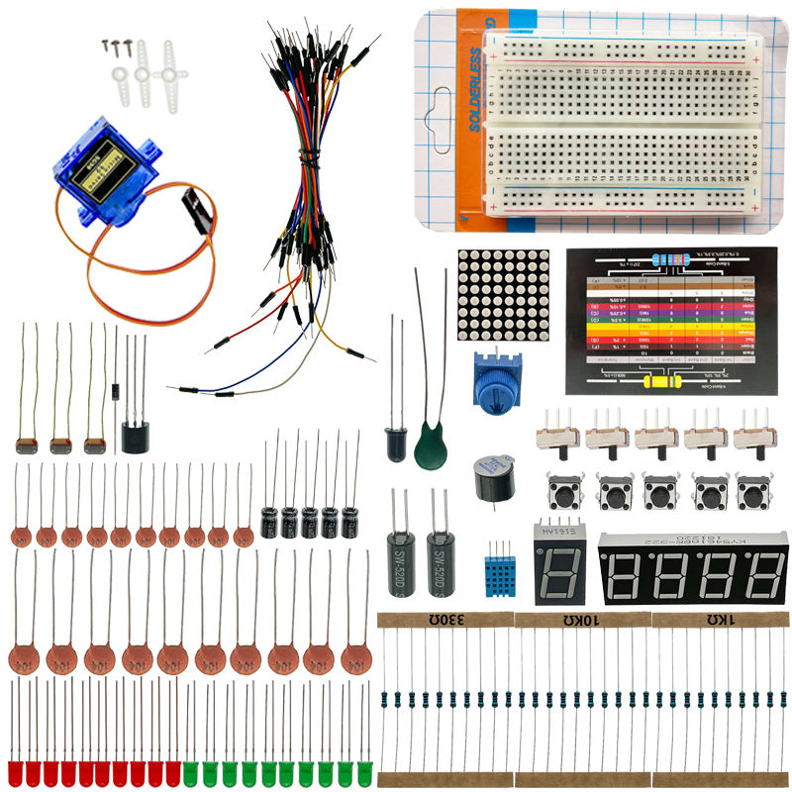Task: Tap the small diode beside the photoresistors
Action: pos(115,389)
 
